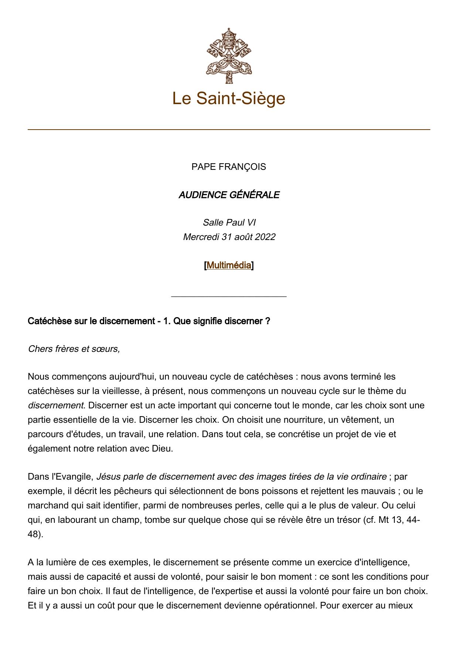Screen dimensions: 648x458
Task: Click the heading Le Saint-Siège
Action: (x=229, y=99)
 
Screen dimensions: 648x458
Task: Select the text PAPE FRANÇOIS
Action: (x=229, y=167)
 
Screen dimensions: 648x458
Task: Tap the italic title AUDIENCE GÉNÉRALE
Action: (x=229, y=195)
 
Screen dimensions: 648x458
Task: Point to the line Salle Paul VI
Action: (x=229, y=223)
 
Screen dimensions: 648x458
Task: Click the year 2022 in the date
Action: (x=264, y=237)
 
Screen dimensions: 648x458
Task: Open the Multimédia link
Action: (x=229, y=265)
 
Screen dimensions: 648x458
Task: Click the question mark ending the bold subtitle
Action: (x=267, y=321)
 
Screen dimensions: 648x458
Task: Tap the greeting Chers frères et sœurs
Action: (x=74, y=349)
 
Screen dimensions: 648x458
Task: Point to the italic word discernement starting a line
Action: (x=56, y=405)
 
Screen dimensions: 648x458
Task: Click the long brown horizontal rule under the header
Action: (x=229, y=130)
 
